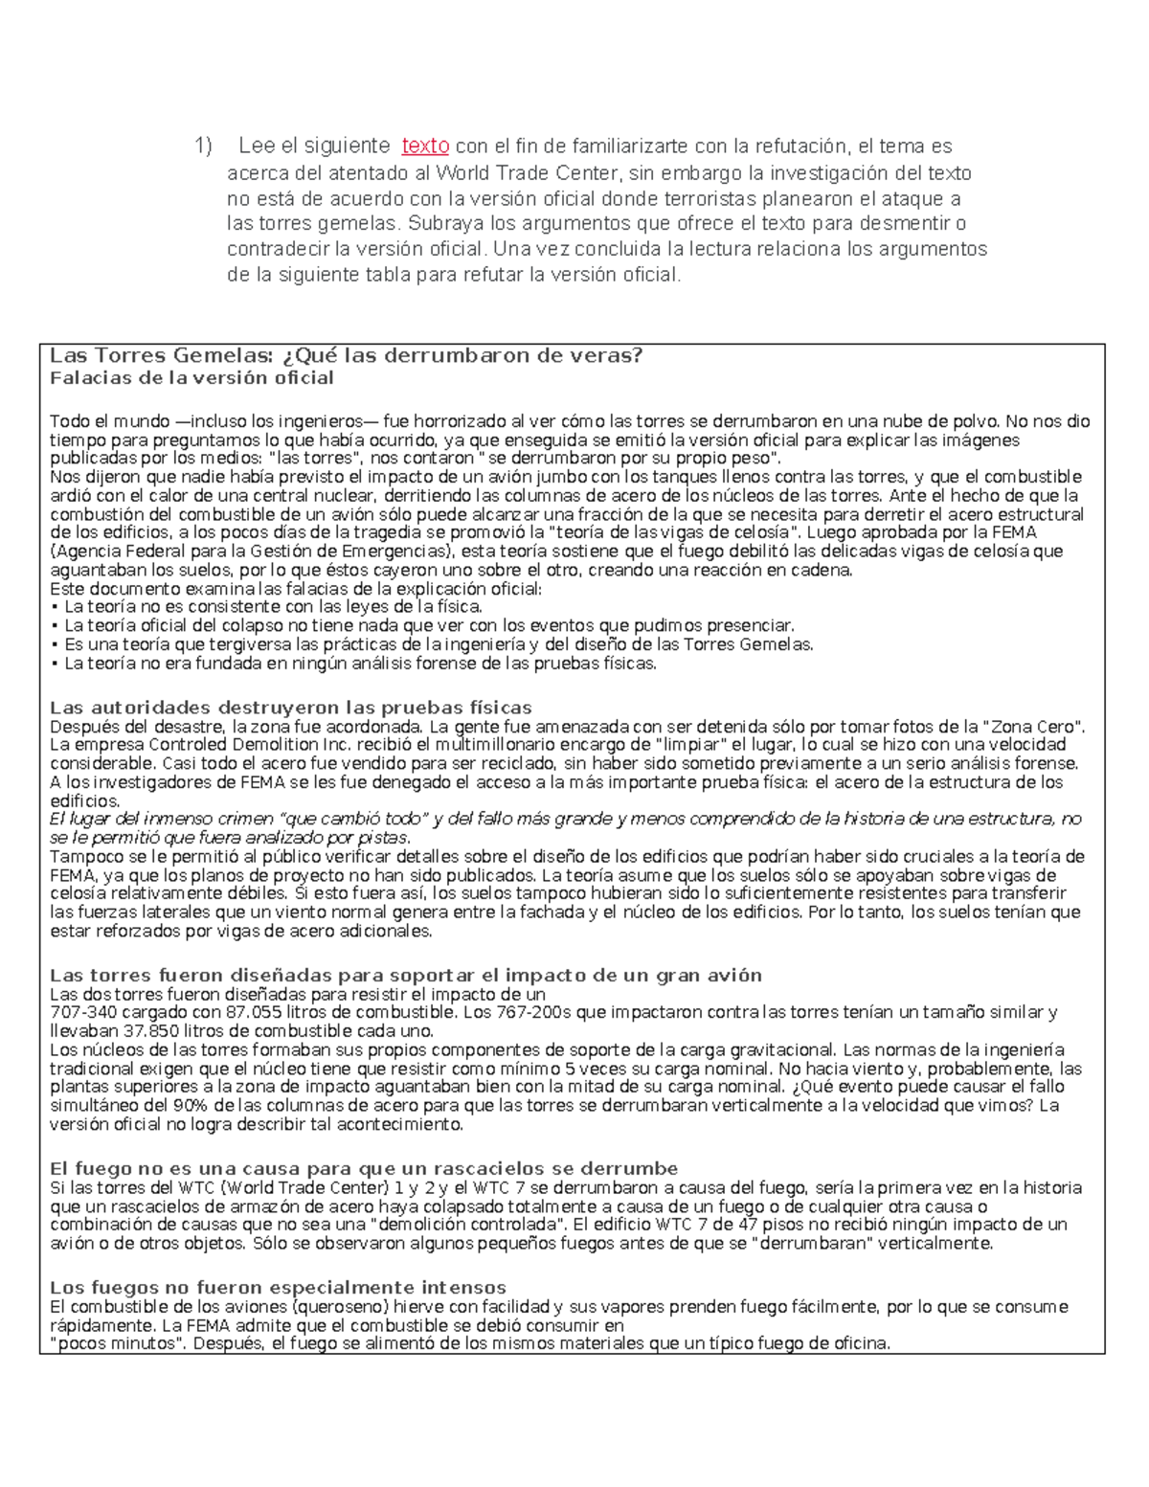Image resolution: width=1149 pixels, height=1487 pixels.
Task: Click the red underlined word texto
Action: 425,146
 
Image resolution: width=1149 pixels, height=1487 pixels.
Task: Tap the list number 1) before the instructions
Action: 203,146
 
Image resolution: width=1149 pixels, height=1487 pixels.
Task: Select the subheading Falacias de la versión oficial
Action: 191,377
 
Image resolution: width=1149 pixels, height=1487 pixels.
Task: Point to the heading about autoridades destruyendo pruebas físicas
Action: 290,708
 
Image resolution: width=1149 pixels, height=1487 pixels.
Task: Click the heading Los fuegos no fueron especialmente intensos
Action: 278,1286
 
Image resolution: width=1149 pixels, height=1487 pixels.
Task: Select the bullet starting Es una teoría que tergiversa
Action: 431,644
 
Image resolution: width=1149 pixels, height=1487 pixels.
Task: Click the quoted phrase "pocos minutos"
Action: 105,1343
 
